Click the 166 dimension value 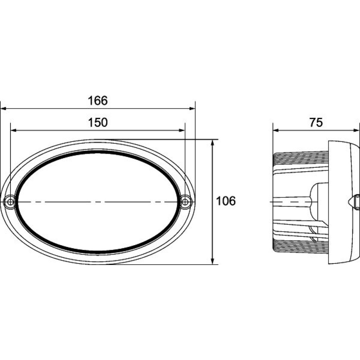98,100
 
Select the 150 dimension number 98,122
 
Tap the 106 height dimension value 226,201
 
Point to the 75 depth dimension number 316,122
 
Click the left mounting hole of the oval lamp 10,202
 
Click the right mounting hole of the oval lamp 185,202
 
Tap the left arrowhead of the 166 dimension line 4,108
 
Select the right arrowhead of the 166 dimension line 192,108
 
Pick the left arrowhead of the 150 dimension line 14,130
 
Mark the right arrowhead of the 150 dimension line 181,130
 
